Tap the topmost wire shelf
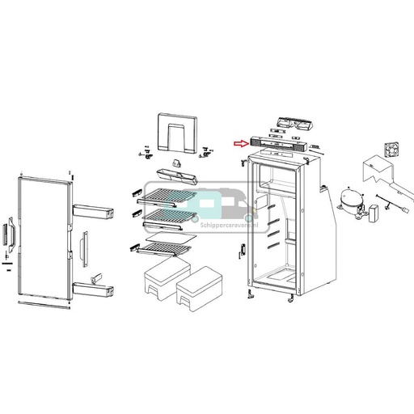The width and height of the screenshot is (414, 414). click(x=167, y=193)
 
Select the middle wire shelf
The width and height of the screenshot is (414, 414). click(x=167, y=215)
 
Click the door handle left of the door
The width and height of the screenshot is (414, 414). click(x=11, y=234)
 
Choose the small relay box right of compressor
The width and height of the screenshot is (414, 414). click(x=375, y=214)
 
